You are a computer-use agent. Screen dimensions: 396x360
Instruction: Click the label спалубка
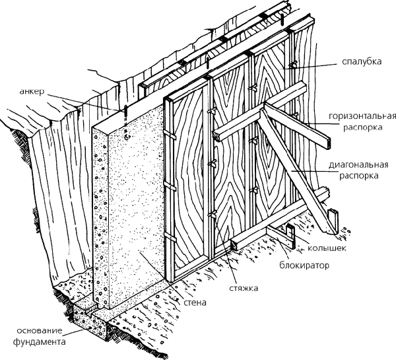pyautogui.click(x=362, y=61)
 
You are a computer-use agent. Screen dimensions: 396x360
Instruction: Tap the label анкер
pyautogui.click(x=32, y=91)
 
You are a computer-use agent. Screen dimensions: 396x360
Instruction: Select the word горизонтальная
pyautogui.click(x=362, y=116)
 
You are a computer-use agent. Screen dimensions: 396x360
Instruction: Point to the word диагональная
pyautogui.click(x=358, y=165)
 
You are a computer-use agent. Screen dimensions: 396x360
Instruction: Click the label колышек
pyautogui.click(x=327, y=248)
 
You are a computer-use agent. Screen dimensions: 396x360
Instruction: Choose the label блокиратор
pyautogui.click(x=304, y=266)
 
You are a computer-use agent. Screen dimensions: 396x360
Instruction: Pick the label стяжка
pyautogui.click(x=244, y=288)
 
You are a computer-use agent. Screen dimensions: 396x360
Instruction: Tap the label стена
pyautogui.click(x=195, y=303)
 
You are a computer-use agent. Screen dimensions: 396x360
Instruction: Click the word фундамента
pyautogui.click(x=39, y=342)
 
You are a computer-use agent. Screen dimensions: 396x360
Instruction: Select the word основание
pyautogui.click(x=40, y=331)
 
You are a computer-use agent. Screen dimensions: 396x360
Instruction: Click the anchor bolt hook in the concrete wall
pyautogui.click(x=127, y=137)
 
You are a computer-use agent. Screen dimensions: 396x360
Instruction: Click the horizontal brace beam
pyautogui.click(x=271, y=116)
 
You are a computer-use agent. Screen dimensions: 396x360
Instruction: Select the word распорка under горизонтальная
pyautogui.click(x=362, y=127)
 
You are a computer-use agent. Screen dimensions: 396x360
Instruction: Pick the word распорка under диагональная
pyautogui.click(x=358, y=176)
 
